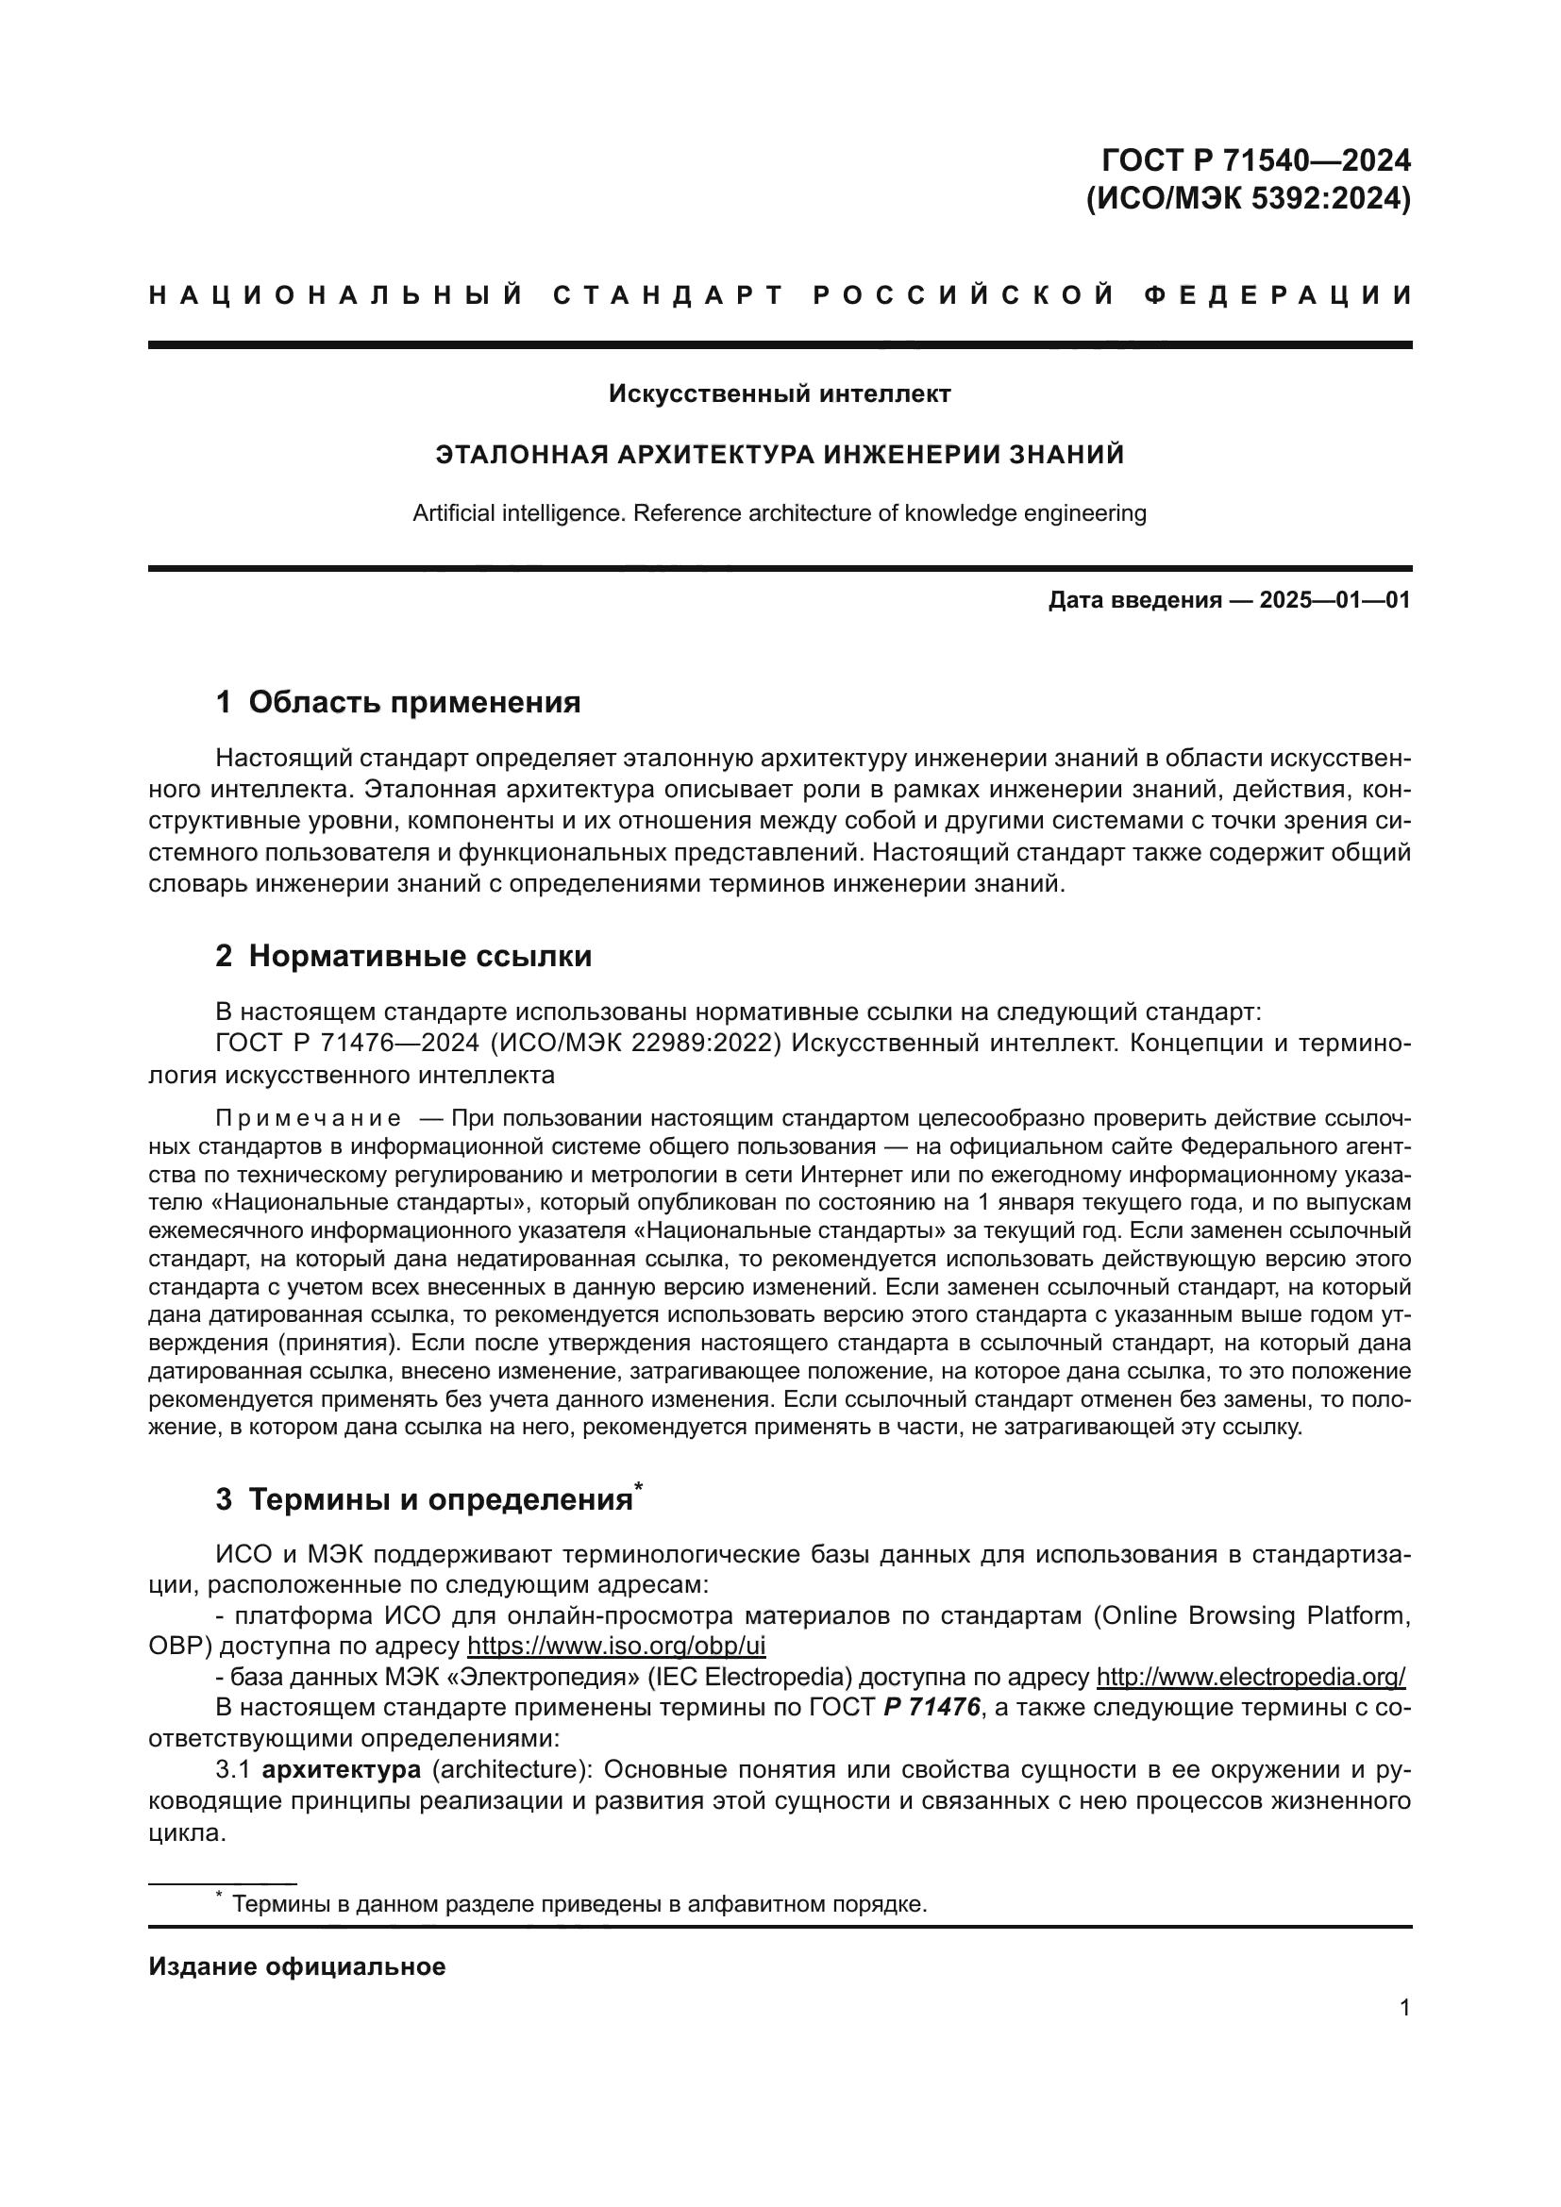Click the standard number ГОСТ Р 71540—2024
click(1256, 159)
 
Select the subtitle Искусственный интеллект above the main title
click(780, 393)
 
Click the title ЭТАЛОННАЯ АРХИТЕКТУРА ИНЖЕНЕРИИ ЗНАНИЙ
click(780, 454)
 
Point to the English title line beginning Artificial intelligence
click(780, 513)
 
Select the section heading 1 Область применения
click(398, 703)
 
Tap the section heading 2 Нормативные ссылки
click(404, 957)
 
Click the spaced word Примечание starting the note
click(308, 1119)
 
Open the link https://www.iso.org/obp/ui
click(616, 1647)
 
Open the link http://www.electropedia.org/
click(1250, 1678)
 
